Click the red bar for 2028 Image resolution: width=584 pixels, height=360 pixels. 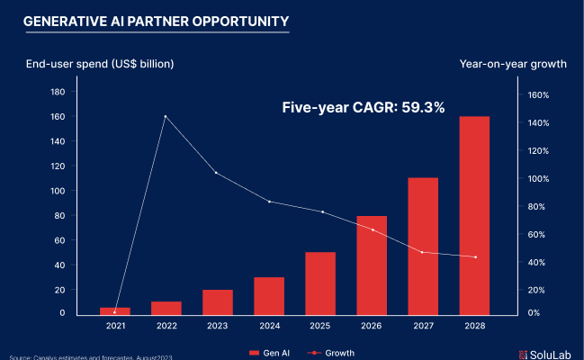click(474, 215)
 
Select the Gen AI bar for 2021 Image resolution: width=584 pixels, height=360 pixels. click(115, 310)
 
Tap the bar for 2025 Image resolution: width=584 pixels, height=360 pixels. click(320, 283)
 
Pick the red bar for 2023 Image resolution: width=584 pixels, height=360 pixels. click(218, 301)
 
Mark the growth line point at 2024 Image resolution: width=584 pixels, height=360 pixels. click(269, 202)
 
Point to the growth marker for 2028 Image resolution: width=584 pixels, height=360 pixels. click(474, 257)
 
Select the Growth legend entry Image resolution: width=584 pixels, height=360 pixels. click(329, 352)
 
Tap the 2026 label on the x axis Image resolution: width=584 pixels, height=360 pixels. click(372, 325)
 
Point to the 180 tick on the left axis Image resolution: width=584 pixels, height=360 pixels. click(58, 92)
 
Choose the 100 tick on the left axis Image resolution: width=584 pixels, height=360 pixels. click(58, 191)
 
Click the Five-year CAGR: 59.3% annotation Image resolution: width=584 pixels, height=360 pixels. click(364, 108)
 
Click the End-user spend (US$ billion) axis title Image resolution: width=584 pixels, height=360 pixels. click(99, 64)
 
